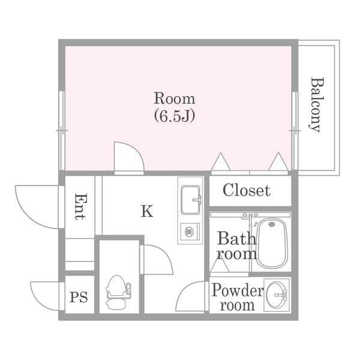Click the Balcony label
click(317, 104)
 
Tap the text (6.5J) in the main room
click(175, 116)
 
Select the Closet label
click(247, 190)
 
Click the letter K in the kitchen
click(147, 211)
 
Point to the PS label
click(79, 297)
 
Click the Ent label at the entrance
click(81, 206)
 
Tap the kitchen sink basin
click(190, 200)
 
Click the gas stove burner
click(190, 232)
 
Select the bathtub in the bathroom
click(272, 243)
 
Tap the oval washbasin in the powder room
click(276, 295)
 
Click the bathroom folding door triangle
click(220, 265)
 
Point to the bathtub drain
click(272, 224)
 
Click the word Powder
click(238, 290)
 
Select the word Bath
click(236, 238)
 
